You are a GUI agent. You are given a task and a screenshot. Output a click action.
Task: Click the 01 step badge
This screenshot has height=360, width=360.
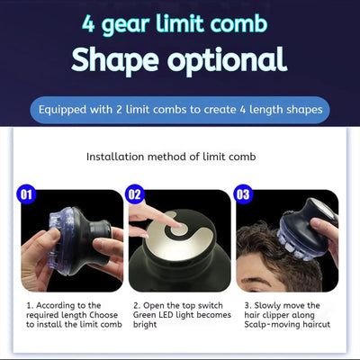pos(26,193)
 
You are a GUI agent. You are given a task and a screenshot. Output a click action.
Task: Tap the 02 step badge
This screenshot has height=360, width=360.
pos(136,193)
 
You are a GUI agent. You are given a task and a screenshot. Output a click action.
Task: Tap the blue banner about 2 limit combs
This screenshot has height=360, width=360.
pos(180,111)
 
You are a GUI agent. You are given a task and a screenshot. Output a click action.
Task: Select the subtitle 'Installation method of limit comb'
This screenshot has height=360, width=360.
pos(180,157)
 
